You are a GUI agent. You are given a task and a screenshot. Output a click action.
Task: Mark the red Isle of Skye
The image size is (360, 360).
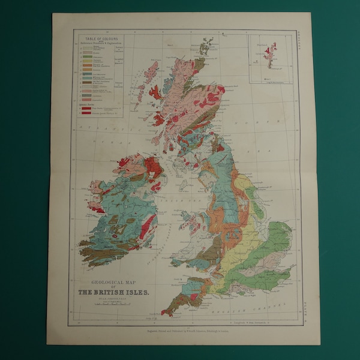coord(155,92)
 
